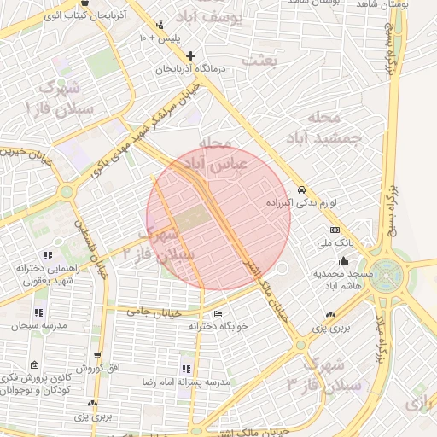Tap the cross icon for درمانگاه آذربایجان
point(190,56)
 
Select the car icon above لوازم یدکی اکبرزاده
point(301,189)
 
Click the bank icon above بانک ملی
point(335,230)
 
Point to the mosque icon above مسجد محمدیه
point(343,259)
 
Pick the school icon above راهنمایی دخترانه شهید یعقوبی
point(49,254)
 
